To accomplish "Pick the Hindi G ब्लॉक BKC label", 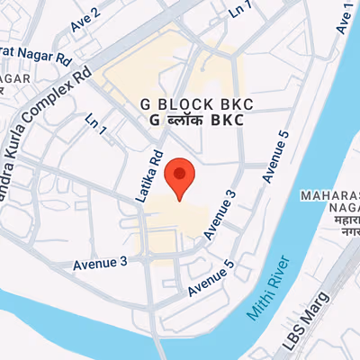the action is click(x=189, y=119).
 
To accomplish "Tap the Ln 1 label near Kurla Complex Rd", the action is click(x=95, y=125).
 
